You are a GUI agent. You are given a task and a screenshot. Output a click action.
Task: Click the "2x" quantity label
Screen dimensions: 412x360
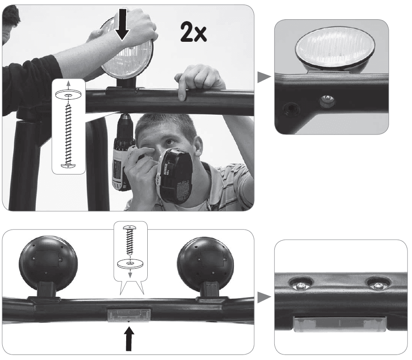coord(194,32)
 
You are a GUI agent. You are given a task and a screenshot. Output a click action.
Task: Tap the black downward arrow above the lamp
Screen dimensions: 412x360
coord(122,24)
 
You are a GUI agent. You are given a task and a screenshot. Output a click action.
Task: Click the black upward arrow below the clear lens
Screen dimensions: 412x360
coord(128,338)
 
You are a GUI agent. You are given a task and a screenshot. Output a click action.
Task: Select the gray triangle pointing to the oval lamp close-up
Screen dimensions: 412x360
coord(264,77)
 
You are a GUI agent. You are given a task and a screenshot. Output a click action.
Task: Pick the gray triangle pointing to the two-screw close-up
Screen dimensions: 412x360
coord(264,297)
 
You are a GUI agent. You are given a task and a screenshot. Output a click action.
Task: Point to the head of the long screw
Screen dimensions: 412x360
coord(68,165)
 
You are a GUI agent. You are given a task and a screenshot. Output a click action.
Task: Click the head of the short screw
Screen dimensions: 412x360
coord(130,227)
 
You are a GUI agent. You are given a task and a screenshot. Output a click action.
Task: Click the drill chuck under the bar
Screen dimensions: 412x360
coord(125,124)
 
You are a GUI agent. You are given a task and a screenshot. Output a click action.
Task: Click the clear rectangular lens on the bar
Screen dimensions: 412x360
coord(129,315)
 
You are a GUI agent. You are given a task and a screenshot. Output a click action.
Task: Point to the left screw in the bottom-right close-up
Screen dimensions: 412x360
coord(301,285)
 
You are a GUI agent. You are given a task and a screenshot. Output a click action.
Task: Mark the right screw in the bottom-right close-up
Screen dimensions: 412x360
coord(378,285)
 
